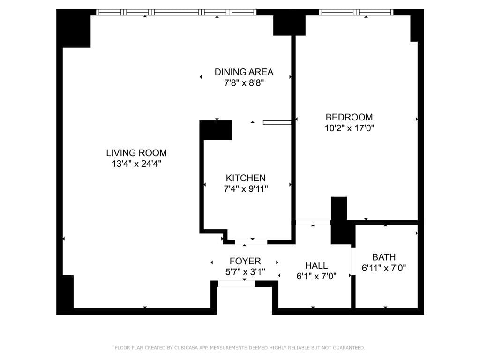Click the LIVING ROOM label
pyautogui.click(x=136, y=153)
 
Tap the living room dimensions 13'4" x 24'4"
pyautogui.click(x=136, y=164)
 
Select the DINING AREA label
pyautogui.click(x=244, y=72)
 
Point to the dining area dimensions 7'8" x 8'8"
pyautogui.click(x=244, y=83)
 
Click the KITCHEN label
pyautogui.click(x=246, y=178)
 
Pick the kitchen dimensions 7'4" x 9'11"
pyautogui.click(x=246, y=189)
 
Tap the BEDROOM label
pyautogui.click(x=349, y=117)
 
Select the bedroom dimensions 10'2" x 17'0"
pyautogui.click(x=349, y=128)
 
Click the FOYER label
pyautogui.click(x=245, y=261)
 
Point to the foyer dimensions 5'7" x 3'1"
pyautogui.click(x=245, y=271)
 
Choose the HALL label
pyautogui.click(x=316, y=266)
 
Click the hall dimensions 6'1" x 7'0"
pyautogui.click(x=316, y=277)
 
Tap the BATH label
pyautogui.click(x=384, y=257)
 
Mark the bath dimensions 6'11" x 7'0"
pyautogui.click(x=384, y=268)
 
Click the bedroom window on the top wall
pyautogui.click(x=357, y=12)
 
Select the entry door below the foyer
pyautogui.click(x=237, y=284)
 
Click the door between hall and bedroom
pyautogui.click(x=313, y=222)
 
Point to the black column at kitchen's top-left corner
pyautogui.click(x=216, y=130)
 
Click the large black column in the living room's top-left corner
pyautogui.click(x=74, y=29)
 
